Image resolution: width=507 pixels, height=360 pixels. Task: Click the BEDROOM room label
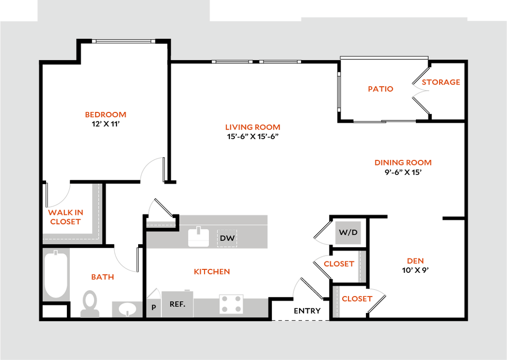pyautogui.click(x=105, y=115)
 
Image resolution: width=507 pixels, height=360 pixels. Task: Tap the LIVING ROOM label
pyautogui.click(x=253, y=127)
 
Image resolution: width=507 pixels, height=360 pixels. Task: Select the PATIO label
pyautogui.click(x=380, y=89)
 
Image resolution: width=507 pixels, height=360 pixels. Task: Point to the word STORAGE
pyautogui.click(x=441, y=82)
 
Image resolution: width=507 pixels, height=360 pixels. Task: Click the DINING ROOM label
pyautogui.click(x=403, y=162)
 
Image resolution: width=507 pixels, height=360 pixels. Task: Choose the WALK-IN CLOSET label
pyautogui.click(x=65, y=217)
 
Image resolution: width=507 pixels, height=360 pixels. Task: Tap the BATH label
pyautogui.click(x=103, y=277)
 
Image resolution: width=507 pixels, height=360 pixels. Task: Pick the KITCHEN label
pyautogui.click(x=212, y=272)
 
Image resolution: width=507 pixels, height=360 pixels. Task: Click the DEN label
pyautogui.click(x=415, y=261)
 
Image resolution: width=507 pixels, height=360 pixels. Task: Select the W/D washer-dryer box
pyautogui.click(x=348, y=233)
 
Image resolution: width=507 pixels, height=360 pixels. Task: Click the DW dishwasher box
pyautogui.click(x=227, y=238)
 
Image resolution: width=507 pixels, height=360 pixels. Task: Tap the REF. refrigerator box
pyautogui.click(x=177, y=304)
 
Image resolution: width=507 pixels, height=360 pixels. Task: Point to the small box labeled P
pyautogui.click(x=153, y=307)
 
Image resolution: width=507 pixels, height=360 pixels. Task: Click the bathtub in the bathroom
pyautogui.click(x=55, y=275)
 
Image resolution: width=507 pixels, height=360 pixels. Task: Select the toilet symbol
pyautogui.click(x=90, y=303)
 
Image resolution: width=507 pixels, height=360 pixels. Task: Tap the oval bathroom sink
pyautogui.click(x=127, y=309)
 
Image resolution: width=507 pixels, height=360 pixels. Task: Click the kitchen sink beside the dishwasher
pyautogui.click(x=199, y=237)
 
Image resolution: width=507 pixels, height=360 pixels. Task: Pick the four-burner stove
pyautogui.click(x=231, y=304)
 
